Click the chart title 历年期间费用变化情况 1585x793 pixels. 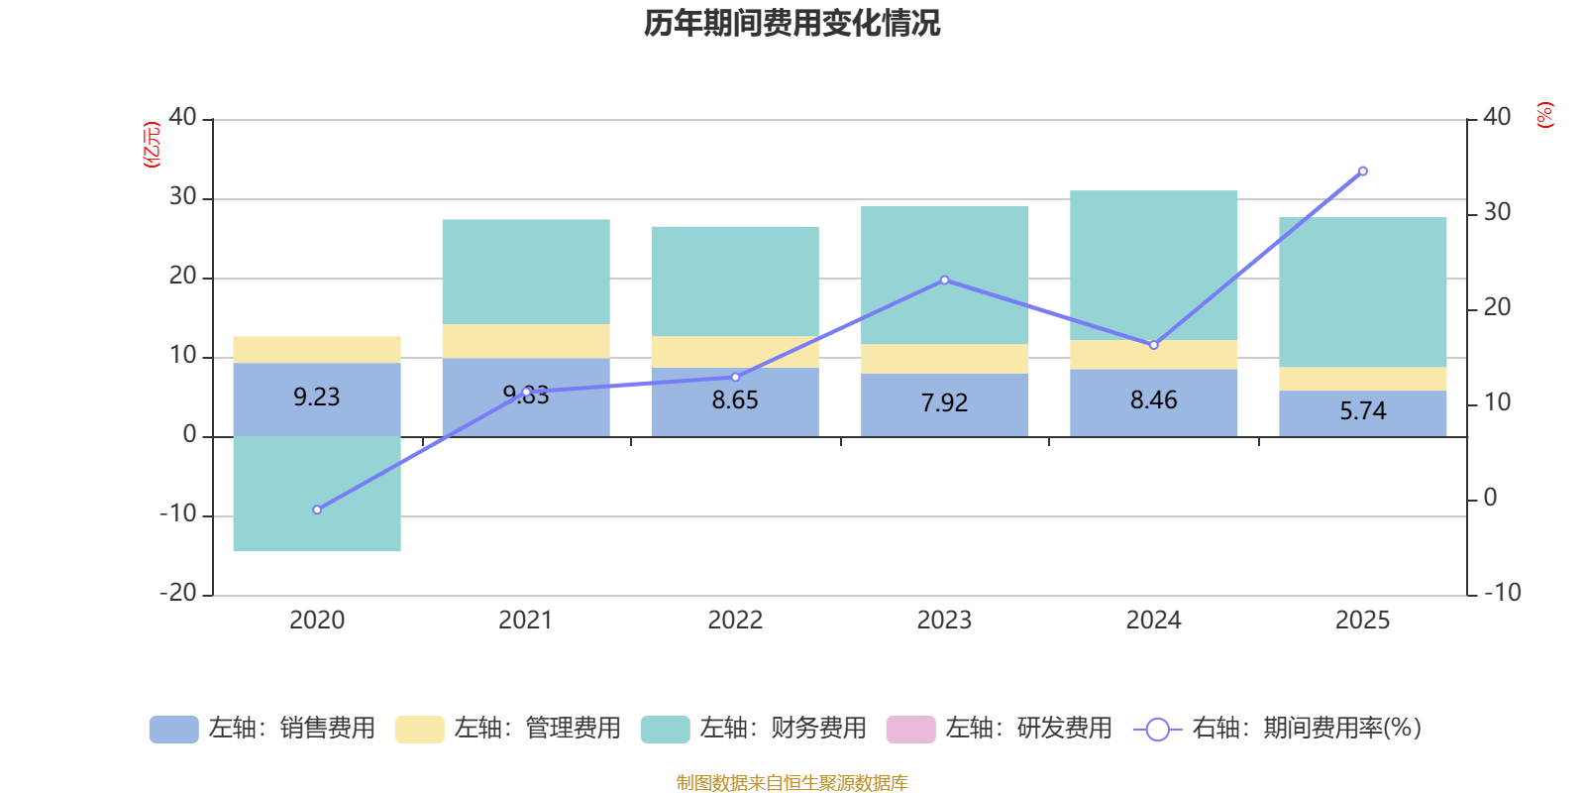792,23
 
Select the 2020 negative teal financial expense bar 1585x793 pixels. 317,494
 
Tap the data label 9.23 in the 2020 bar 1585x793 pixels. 317,397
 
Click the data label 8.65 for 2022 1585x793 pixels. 735,400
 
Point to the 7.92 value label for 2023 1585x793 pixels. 944,403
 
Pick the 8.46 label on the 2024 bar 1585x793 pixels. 1153,400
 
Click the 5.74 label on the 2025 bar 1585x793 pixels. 1363,411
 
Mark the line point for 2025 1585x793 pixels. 1363,171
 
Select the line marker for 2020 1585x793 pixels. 317,510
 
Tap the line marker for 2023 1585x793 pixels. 944,281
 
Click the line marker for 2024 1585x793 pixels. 1153,345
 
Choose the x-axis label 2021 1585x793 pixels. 526,621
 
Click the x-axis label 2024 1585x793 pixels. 1153,621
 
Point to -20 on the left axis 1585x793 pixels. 178,593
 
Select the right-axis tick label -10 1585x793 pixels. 1502,593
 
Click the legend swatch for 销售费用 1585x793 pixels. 173,730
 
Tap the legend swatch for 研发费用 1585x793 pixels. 910,730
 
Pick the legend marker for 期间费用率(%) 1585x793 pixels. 1157,730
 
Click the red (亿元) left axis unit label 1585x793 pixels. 152,145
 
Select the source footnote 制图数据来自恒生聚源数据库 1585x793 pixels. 792,783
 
